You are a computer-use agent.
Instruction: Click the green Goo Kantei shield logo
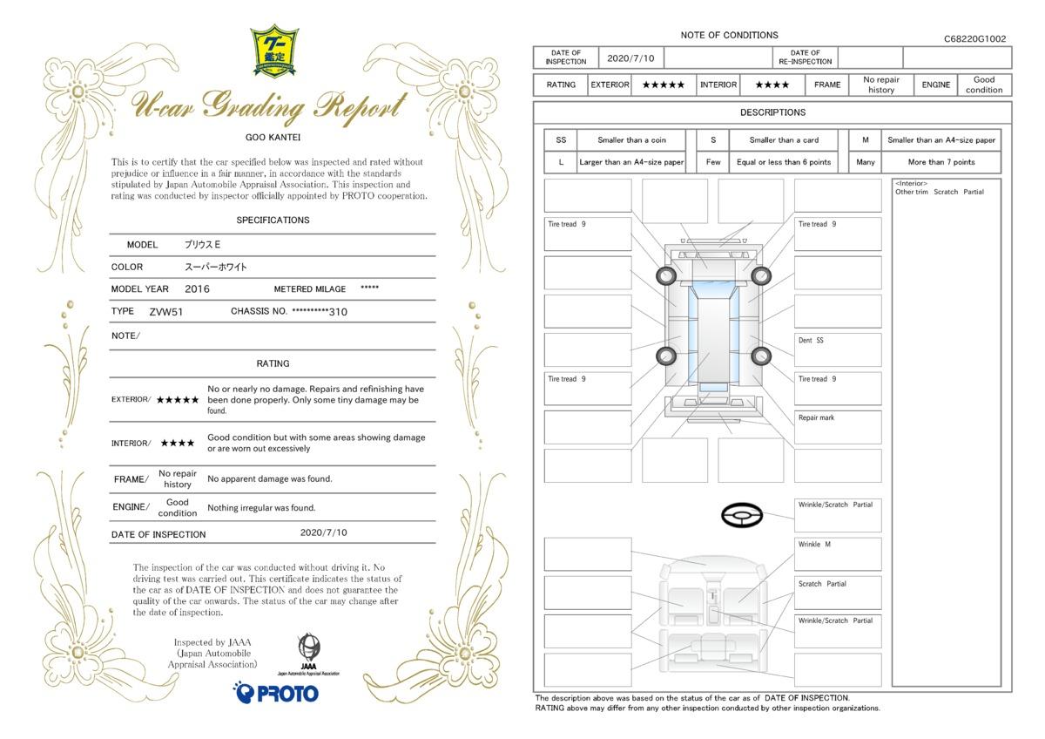274,51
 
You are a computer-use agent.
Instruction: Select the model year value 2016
197,289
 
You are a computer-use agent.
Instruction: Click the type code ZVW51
166,312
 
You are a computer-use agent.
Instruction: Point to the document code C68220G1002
974,38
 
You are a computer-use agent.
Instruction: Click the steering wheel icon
742,515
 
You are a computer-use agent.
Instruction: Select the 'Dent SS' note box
838,349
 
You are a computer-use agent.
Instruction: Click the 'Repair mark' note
816,417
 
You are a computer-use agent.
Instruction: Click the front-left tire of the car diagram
666,276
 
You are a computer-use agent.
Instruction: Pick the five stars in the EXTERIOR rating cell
663,85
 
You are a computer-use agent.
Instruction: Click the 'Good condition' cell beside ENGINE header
984,85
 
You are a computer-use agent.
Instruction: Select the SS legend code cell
561,140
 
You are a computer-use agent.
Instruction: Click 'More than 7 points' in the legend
941,162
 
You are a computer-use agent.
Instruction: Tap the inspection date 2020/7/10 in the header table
630,58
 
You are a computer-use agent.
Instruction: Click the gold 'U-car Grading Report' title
269,107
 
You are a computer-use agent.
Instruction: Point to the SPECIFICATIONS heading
273,220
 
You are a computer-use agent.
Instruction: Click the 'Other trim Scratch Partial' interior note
939,192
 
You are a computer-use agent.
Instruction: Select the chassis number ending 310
320,311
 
